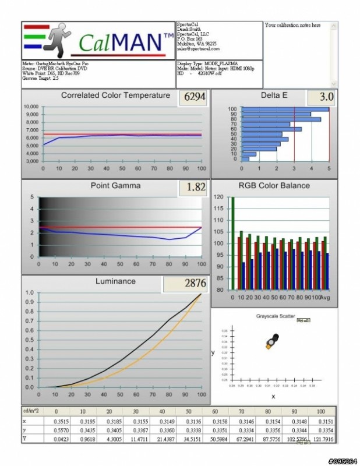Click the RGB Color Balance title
tap(274, 186)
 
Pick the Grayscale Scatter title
tap(275, 316)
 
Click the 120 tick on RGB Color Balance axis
tap(219, 197)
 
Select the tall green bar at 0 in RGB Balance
tap(233, 243)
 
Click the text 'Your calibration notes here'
tap(292, 26)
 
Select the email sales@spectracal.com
tap(196, 50)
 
